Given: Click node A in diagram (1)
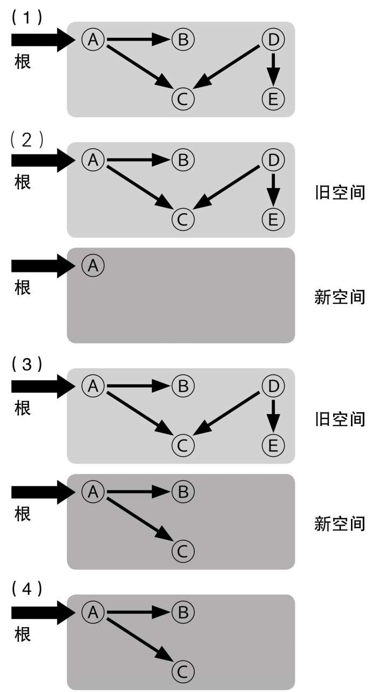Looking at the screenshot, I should coord(93,39).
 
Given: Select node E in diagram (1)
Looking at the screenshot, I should coord(273,98).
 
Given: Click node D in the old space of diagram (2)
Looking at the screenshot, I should coord(273,159).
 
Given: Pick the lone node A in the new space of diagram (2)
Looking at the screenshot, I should coord(93,265).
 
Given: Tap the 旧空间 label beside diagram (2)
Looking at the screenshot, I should coord(340,192).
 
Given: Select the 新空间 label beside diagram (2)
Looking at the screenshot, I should coord(340,297).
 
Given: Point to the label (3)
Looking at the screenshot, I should coord(26,364).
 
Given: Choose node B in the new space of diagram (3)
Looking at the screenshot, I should coord(183,491).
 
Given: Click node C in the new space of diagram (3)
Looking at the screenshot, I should coord(183,551).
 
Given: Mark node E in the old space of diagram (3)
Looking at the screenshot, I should coord(273,445).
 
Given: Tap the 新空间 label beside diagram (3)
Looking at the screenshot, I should coord(340,523).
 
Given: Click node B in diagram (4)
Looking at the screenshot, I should coord(183,612).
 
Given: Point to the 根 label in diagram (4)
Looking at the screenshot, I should coord(22,634).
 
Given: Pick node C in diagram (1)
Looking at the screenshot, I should coord(183,98).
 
